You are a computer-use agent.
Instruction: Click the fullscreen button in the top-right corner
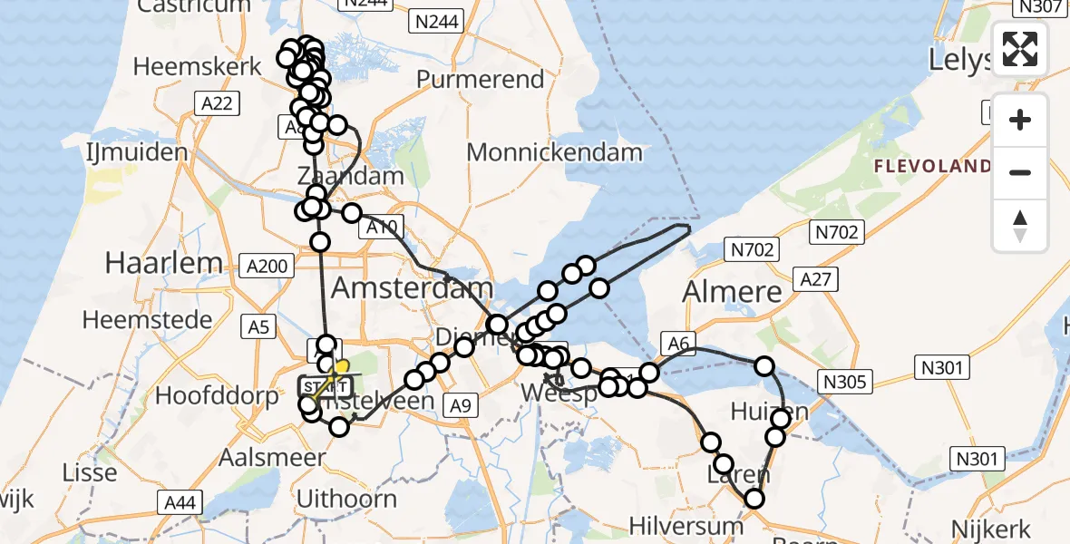(x=1020, y=49)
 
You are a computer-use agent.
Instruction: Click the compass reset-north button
(x=1020, y=226)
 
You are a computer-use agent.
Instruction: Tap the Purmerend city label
(x=480, y=80)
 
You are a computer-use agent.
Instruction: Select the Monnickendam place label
(x=554, y=152)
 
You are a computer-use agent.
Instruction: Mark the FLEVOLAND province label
(x=932, y=167)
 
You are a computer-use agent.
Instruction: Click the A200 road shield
(x=267, y=266)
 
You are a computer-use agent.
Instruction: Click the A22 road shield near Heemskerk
(x=217, y=103)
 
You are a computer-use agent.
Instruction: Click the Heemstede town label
(x=147, y=320)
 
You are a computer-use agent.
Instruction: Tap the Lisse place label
(x=90, y=472)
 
